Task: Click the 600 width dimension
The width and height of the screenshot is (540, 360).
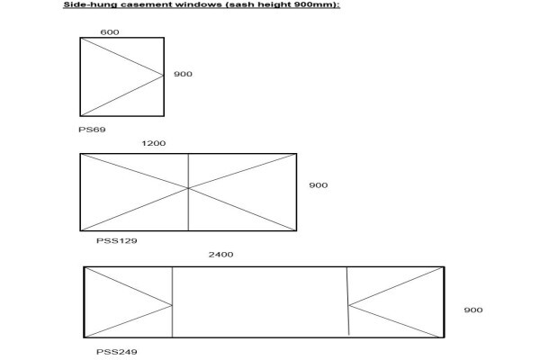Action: pyautogui.click(x=110, y=32)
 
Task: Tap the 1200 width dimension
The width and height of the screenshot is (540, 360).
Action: pyautogui.click(x=154, y=143)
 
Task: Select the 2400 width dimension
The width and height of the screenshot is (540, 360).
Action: pyautogui.click(x=220, y=255)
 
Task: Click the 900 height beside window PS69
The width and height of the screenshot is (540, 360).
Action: pyautogui.click(x=183, y=74)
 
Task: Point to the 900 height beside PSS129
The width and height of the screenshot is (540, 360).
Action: pyautogui.click(x=319, y=185)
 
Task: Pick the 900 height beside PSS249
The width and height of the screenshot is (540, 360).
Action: pyautogui.click(x=473, y=310)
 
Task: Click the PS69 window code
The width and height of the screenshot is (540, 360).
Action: pyautogui.click(x=92, y=130)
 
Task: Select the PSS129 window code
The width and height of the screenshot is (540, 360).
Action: pyautogui.click(x=117, y=241)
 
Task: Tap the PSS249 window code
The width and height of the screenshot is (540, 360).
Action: pyautogui.click(x=117, y=352)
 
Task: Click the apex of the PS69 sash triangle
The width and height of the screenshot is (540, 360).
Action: pyautogui.click(x=163, y=75)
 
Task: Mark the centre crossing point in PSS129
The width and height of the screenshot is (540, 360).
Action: pyautogui.click(x=188, y=188)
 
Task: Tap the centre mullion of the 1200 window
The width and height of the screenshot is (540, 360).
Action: pyautogui.click(x=188, y=193)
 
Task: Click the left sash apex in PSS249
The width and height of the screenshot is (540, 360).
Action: pyautogui.click(x=172, y=305)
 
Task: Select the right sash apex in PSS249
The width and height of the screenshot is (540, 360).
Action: pyautogui.click(x=348, y=305)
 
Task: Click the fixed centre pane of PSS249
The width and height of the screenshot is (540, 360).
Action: pyautogui.click(x=260, y=302)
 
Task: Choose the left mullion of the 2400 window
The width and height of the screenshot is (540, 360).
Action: pyautogui.click(x=172, y=302)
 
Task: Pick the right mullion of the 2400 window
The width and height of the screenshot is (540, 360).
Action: pyautogui.click(x=347, y=301)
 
